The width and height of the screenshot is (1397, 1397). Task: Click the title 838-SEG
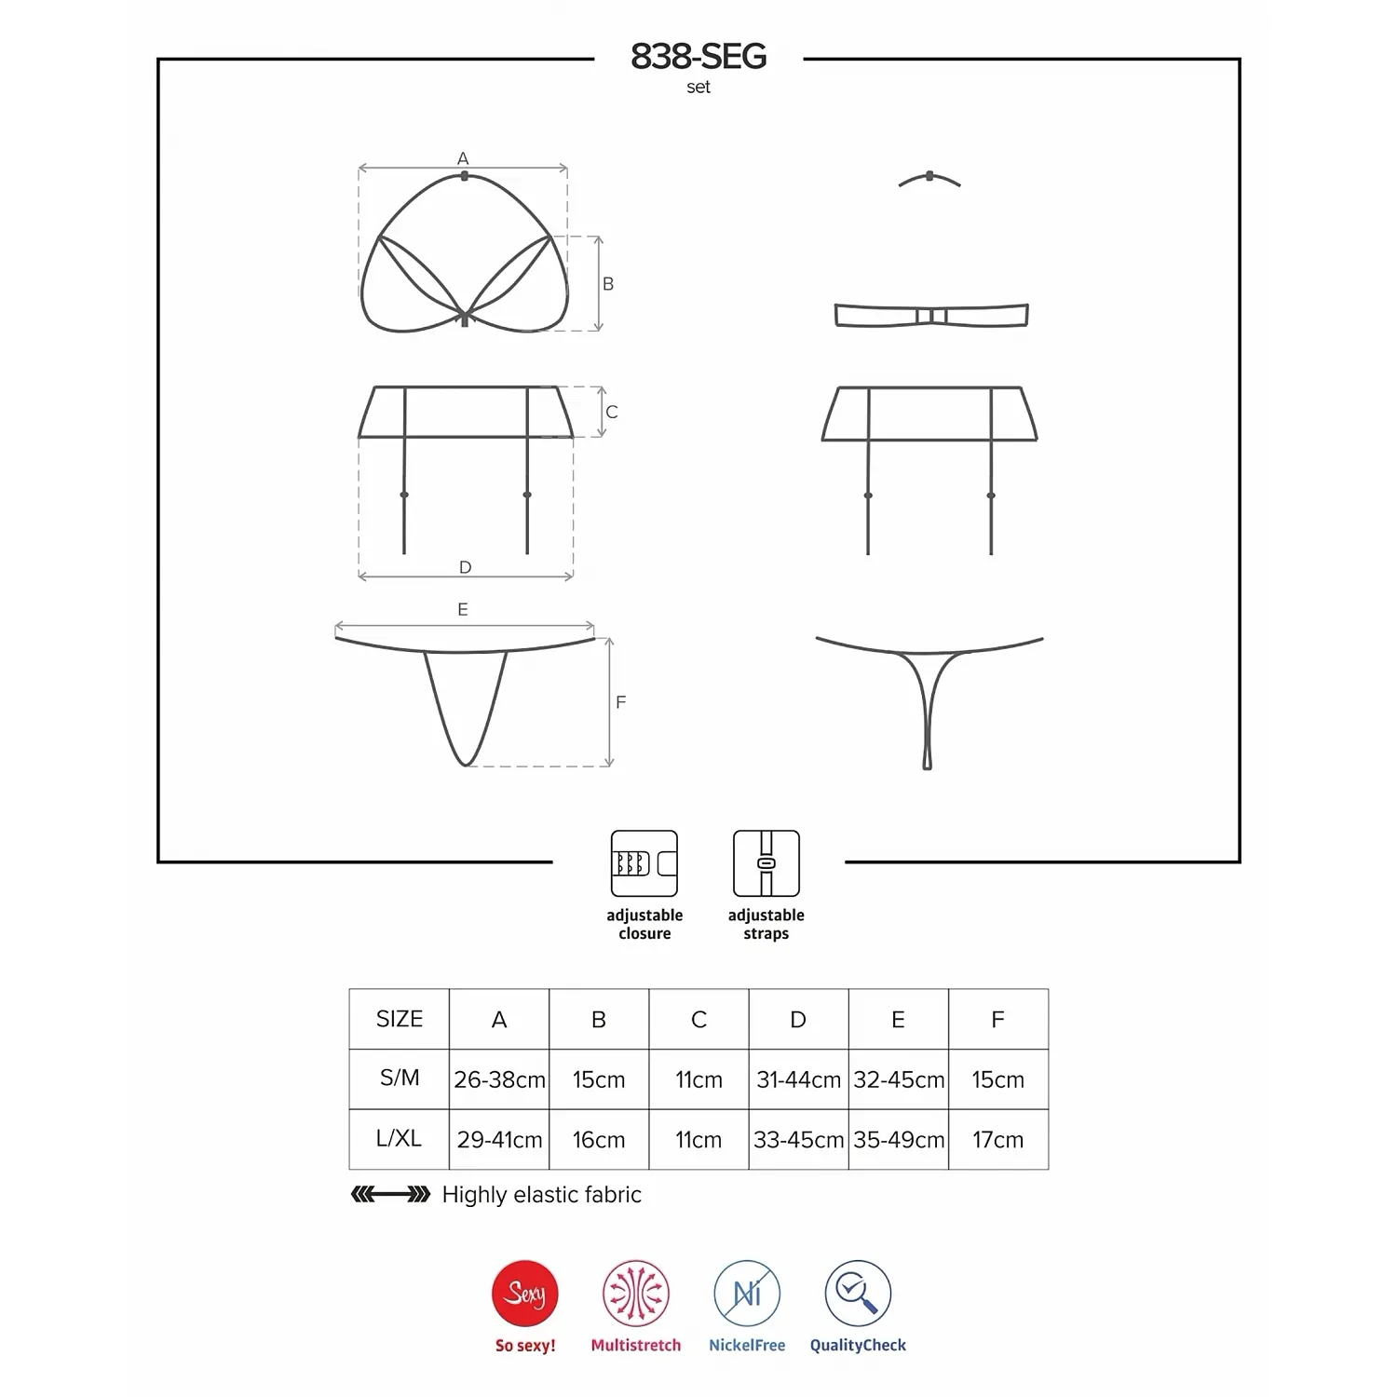coord(698,57)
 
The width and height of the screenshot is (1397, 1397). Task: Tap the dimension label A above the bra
coord(463,158)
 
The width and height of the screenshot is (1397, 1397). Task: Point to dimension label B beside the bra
coord(608,283)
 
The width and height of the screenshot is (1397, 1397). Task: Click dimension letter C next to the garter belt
coord(612,412)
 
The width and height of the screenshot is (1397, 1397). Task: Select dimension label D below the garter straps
coord(466,567)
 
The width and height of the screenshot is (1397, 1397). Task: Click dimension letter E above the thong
coord(463,609)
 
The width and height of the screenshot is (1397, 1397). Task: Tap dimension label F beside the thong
coord(621,702)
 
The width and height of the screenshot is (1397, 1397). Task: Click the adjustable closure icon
coord(644,863)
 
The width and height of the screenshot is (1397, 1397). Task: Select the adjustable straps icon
coord(766,863)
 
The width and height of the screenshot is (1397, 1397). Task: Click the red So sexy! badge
coord(525,1294)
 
